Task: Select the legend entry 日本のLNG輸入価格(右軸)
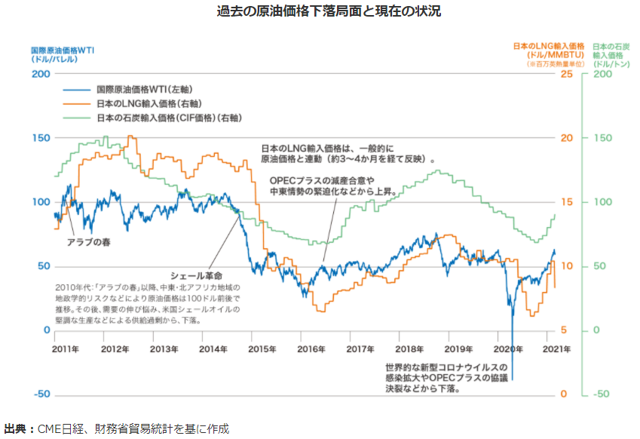tap(143, 103)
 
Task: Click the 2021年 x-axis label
tap(557, 349)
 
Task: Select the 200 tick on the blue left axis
tap(41, 74)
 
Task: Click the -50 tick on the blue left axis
tap(41, 394)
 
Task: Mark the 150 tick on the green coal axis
tap(604, 138)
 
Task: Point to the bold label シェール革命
tap(197, 277)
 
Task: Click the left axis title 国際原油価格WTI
tap(62, 49)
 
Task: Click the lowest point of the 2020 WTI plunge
tap(512, 377)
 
